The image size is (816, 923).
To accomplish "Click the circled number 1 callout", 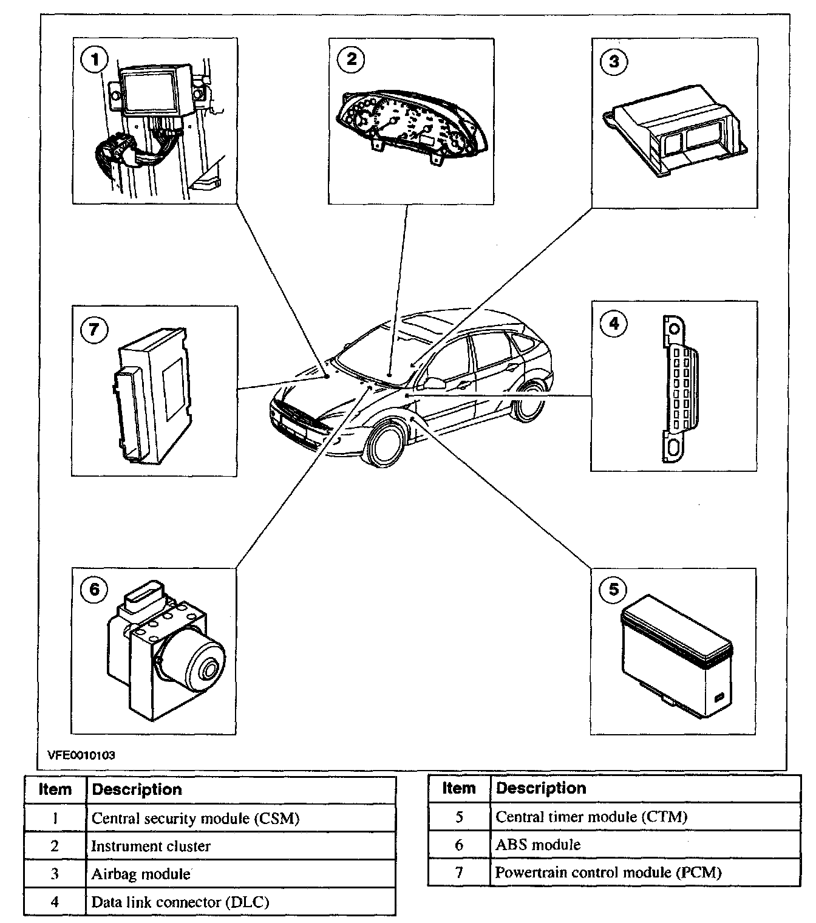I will pos(93,60).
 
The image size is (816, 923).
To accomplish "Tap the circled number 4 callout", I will pos(614,323).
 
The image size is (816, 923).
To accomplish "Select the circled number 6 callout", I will pos(93,590).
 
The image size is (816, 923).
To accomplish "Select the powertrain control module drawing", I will pos(152,394).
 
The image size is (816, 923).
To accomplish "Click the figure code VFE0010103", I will pos(81,755).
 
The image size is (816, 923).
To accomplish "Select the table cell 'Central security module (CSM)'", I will pos(195,819).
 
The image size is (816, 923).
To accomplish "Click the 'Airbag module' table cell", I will pos(141,874).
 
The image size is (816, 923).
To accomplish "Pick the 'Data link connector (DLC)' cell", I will pos(180,902).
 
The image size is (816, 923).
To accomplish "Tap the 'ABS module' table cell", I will pos(538,845).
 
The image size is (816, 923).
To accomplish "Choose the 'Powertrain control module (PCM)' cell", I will pos(608,873).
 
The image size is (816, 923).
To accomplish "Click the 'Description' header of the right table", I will pos(541,788).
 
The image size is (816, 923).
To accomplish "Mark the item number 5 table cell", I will pos(459,817).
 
